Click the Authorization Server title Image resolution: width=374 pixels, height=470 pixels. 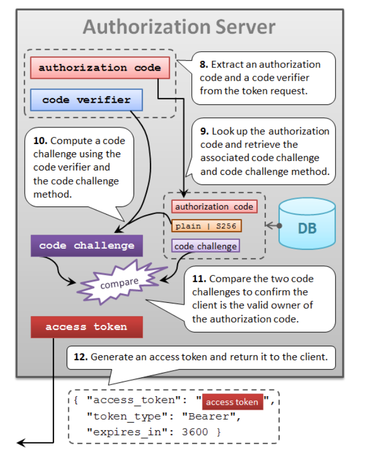179,26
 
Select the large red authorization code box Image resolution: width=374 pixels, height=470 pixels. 99,68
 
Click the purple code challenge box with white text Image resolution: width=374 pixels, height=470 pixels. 87,245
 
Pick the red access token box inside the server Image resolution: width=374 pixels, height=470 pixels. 86,327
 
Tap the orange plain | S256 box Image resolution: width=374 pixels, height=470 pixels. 206,226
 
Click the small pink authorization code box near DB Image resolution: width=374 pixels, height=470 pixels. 213,207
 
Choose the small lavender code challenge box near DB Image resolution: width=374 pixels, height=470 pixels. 205,246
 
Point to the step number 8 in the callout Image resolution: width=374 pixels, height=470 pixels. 203,65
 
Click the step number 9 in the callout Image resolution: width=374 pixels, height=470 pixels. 204,131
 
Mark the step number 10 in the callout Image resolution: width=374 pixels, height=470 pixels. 40,141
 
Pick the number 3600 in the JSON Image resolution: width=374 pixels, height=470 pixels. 195,432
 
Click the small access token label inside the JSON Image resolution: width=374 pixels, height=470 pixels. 232,402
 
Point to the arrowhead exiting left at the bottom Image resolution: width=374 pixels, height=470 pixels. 21,442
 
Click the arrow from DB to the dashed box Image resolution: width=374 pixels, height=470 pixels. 273,225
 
